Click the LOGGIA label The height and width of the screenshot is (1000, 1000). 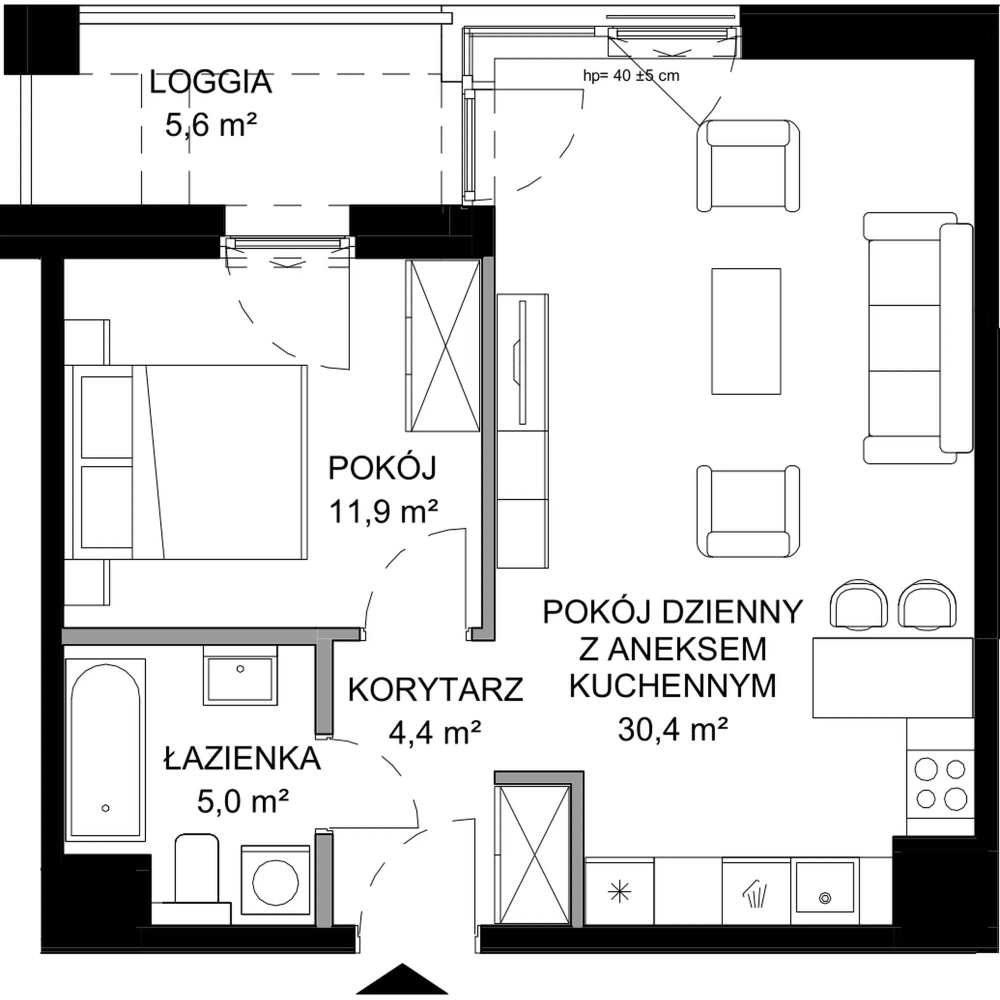210,83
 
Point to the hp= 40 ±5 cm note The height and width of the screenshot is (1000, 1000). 631,76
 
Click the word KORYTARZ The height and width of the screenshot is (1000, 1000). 436,690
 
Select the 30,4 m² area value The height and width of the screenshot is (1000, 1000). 673,730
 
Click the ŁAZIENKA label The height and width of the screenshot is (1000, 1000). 242,758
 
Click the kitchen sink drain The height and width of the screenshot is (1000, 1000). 825,898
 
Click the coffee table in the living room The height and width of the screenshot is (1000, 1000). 746,331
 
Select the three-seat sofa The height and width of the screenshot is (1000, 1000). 918,337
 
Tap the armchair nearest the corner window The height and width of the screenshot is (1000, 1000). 748,165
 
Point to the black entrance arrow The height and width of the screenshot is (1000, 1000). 402,975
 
